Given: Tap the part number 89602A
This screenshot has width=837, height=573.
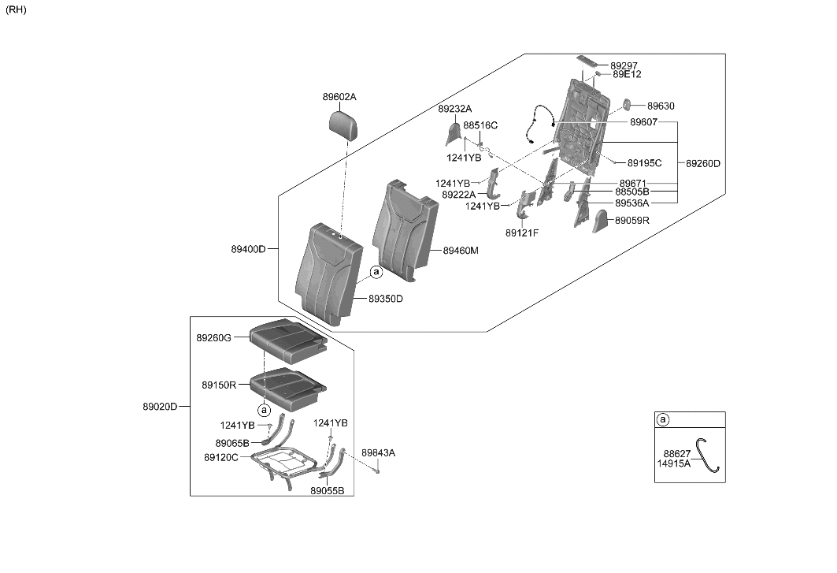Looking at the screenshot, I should [339, 97].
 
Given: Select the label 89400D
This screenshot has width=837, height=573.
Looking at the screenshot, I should [248, 249].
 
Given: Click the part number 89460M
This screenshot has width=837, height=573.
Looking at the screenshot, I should [461, 251].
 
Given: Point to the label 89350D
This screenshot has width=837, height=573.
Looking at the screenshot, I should [386, 299].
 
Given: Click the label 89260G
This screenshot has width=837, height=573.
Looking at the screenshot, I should [213, 337].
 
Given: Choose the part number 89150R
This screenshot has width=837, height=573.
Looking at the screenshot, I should [219, 385].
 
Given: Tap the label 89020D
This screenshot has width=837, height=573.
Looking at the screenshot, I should [160, 407].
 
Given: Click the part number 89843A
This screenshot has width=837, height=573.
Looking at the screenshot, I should [378, 453].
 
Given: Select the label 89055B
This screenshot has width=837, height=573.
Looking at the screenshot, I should [327, 490].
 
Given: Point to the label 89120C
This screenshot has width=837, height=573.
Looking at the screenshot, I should [220, 457].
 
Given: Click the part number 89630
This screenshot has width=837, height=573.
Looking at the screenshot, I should [661, 106].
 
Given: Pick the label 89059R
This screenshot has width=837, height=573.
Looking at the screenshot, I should [632, 221].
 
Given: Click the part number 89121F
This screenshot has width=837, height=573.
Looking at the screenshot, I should [522, 233].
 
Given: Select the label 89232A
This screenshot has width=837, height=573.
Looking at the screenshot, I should [455, 109].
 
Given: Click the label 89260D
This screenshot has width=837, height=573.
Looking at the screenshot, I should [703, 164].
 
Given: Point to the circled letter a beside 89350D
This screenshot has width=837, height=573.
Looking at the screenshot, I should [376, 272].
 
